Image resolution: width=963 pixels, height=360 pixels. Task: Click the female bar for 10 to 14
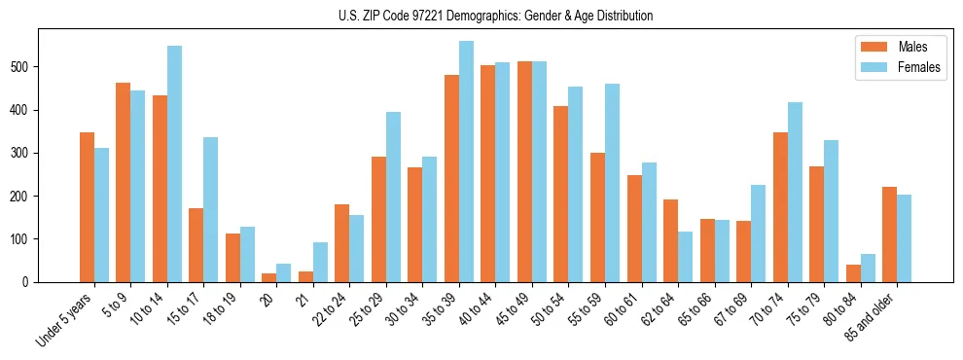click(174, 163)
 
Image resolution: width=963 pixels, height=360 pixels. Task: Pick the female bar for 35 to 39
click(466, 162)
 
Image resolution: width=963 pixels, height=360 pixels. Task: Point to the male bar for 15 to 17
click(196, 245)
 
